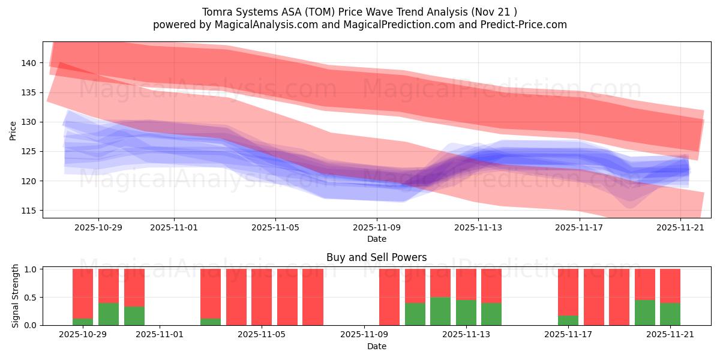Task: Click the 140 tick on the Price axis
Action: point(29,63)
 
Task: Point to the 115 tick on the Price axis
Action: point(29,211)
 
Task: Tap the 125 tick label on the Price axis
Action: point(29,151)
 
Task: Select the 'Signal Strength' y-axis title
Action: point(16,296)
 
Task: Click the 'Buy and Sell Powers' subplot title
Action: point(376,257)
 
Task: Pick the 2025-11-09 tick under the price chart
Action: point(377,227)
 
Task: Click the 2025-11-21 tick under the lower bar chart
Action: point(670,334)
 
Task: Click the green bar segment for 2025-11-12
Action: point(440,311)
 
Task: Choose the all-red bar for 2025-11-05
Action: point(262,297)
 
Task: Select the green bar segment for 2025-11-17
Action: point(568,320)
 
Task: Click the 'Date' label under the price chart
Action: point(376,239)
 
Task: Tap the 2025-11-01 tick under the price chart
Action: point(174,227)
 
